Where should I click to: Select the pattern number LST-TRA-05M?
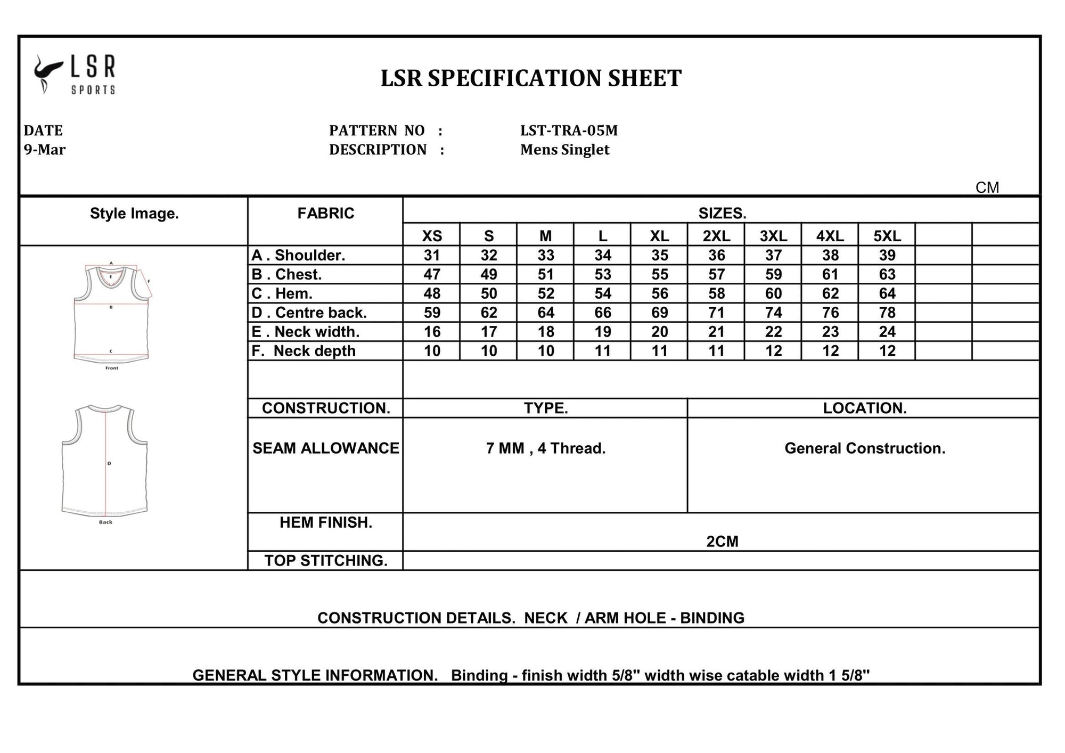pyautogui.click(x=569, y=130)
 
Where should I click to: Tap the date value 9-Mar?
pyautogui.click(x=45, y=150)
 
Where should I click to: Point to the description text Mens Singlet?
pyautogui.click(x=564, y=150)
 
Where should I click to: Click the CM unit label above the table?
pyautogui.click(x=987, y=187)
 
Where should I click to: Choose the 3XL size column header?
pyautogui.click(x=773, y=236)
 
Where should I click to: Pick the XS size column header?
pyautogui.click(x=432, y=236)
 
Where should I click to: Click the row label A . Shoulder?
pyautogui.click(x=298, y=255)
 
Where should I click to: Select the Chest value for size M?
pyautogui.click(x=546, y=274)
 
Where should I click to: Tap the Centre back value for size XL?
pyautogui.click(x=659, y=313)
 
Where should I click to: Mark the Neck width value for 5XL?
pyautogui.click(x=887, y=332)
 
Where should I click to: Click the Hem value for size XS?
pyautogui.click(x=432, y=293)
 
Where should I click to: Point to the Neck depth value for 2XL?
pyautogui.click(x=716, y=351)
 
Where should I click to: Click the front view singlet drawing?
pyautogui.click(x=111, y=314)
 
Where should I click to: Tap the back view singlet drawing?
pyautogui.click(x=105, y=461)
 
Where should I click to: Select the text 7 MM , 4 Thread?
pyautogui.click(x=546, y=448)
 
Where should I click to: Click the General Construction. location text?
pyautogui.click(x=865, y=448)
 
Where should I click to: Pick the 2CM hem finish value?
pyautogui.click(x=722, y=542)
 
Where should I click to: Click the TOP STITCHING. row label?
pyautogui.click(x=326, y=561)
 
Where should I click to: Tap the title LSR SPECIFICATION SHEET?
pyautogui.click(x=531, y=78)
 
